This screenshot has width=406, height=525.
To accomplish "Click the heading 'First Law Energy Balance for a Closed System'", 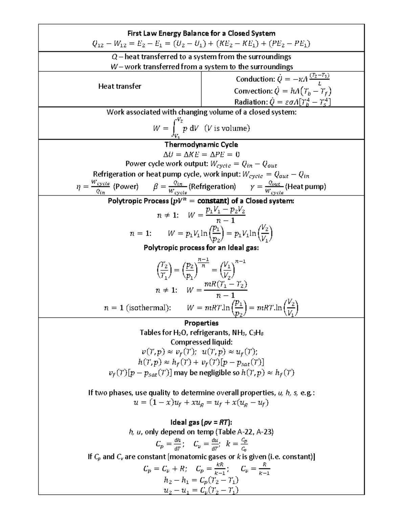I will pos(201,33).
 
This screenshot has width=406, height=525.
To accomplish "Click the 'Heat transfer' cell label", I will pos(119,86).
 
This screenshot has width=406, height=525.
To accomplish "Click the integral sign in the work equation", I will pos(174,128).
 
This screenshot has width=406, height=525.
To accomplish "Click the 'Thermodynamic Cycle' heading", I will pos(201,144).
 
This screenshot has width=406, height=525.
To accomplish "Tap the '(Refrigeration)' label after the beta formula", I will pos(212,187).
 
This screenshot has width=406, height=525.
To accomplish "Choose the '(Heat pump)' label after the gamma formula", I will pos(306,187).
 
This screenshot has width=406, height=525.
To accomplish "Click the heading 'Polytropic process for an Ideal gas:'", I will pos(201,247).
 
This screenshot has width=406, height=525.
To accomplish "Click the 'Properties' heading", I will pos(201,323).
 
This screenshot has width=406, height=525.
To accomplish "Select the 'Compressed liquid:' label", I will pos(201,342).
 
